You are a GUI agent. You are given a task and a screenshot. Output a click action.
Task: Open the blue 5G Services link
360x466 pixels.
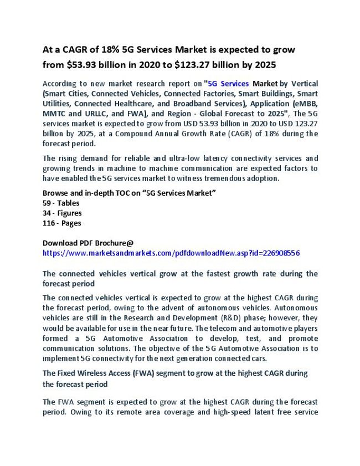coord(228,84)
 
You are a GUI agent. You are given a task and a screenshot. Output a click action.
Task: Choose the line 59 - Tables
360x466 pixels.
coord(61,203)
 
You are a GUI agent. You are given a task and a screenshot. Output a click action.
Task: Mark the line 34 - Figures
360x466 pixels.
coord(62,213)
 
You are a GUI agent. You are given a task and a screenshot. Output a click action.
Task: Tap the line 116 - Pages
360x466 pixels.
coord(62,223)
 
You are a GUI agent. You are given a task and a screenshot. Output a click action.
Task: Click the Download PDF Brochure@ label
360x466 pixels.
coord(88,243)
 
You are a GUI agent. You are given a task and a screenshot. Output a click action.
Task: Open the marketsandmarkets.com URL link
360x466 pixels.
coord(171,253)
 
